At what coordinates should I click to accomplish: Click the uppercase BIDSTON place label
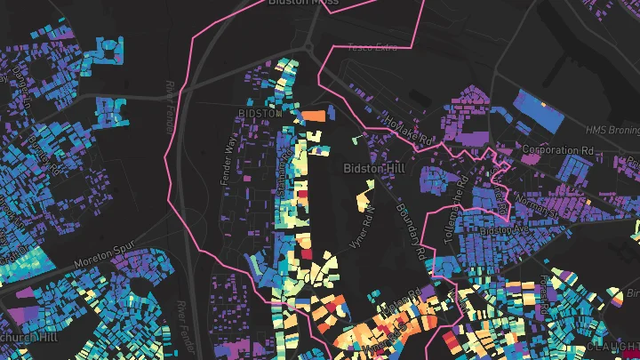click(260, 115)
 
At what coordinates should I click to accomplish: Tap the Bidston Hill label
click(372, 166)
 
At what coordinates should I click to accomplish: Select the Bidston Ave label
click(503, 230)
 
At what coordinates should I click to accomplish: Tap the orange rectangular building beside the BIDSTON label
click(315, 116)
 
